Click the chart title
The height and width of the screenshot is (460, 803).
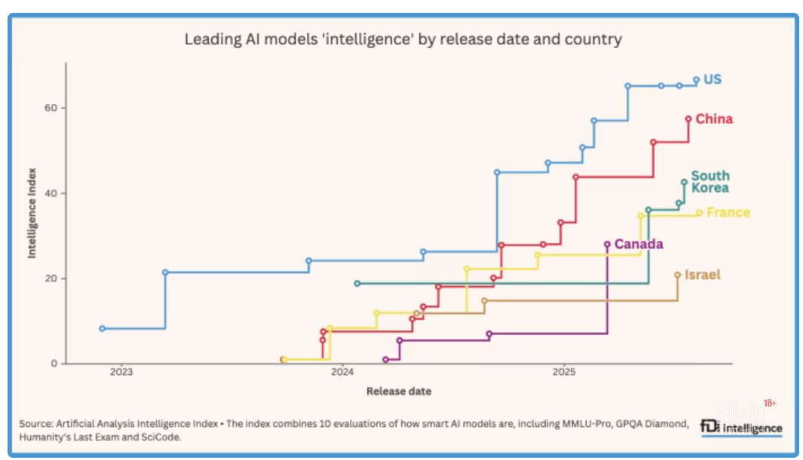(403, 39)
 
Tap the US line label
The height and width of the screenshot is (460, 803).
(713, 79)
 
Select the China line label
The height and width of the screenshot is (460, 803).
(714, 119)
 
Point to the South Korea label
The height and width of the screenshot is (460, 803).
(710, 181)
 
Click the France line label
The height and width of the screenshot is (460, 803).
(728, 212)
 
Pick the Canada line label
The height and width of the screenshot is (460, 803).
(639, 244)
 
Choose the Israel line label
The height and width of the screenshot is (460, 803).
(702, 275)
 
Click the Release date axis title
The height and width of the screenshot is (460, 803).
(399, 391)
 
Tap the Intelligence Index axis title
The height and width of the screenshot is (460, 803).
(32, 214)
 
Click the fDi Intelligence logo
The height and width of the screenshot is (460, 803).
(740, 427)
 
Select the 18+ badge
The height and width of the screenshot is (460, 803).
(770, 404)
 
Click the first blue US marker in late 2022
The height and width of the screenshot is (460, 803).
(103, 328)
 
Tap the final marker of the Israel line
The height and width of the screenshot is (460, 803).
(677, 276)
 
